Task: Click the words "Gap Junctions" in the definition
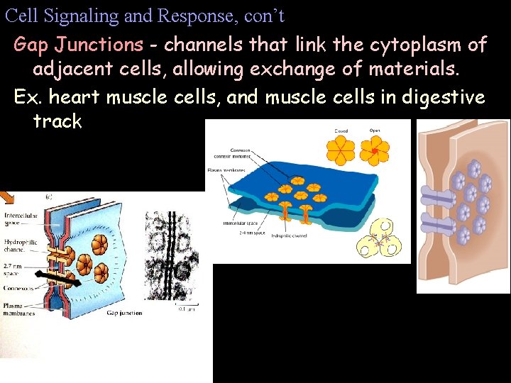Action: coord(78,45)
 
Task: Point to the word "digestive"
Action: coord(443,96)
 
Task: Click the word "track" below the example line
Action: coord(57,121)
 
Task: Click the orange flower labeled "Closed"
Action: coord(341,148)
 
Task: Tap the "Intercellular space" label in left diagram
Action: coord(19,218)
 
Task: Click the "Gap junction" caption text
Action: coord(124,313)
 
